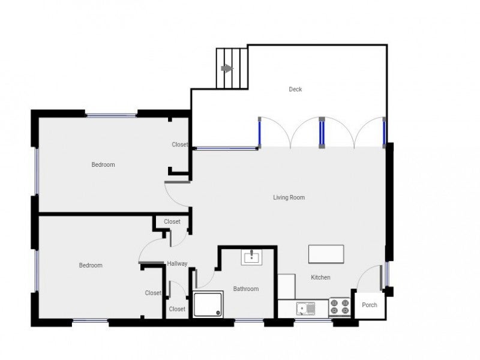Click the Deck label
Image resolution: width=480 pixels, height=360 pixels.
pyautogui.click(x=295, y=89)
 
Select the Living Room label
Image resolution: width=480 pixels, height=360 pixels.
pyautogui.click(x=289, y=197)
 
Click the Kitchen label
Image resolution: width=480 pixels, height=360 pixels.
pyautogui.click(x=320, y=277)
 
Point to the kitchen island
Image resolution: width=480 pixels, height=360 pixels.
pyautogui.click(x=326, y=254)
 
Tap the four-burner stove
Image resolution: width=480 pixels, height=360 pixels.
pyautogui.click(x=340, y=308)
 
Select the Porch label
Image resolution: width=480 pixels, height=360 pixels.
pyautogui.click(x=370, y=305)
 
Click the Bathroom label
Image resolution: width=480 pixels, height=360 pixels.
pyautogui.click(x=246, y=289)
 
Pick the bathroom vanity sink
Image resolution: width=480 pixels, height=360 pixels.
pyautogui.click(x=251, y=258)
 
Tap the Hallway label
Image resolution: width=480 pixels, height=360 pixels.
pyautogui.click(x=178, y=263)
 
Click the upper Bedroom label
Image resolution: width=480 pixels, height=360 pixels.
pyautogui.click(x=103, y=164)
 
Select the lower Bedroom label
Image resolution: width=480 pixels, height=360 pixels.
pyautogui.click(x=91, y=265)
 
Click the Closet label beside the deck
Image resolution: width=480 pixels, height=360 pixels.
pyautogui.click(x=180, y=145)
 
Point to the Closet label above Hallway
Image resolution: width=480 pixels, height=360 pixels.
pyautogui.click(x=172, y=221)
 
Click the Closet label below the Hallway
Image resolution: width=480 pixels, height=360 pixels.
pyautogui.click(x=177, y=309)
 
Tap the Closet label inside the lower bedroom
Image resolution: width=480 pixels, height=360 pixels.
pyautogui.click(x=153, y=293)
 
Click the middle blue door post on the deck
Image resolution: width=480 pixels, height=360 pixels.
pyautogui.click(x=322, y=133)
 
